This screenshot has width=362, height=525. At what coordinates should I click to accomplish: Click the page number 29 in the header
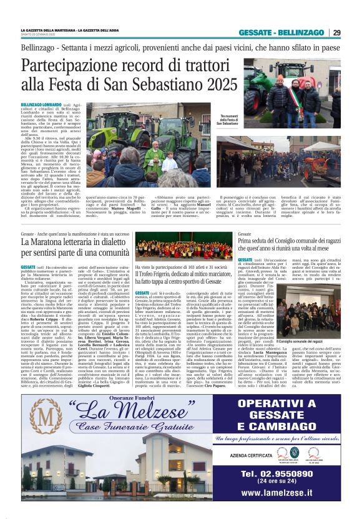coord(336,32)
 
